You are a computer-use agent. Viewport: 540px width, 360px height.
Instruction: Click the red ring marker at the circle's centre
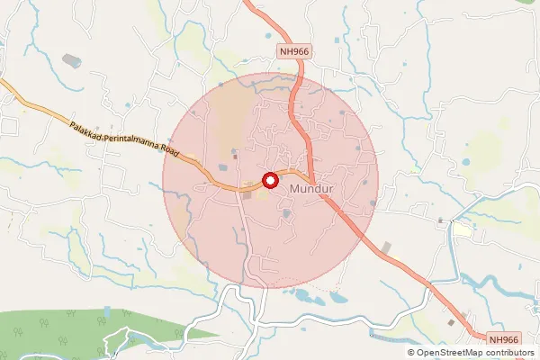269,181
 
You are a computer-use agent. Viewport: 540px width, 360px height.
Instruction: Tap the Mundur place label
312,191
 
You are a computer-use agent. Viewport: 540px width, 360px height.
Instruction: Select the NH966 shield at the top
294,52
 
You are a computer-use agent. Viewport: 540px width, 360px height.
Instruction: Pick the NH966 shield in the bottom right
504,338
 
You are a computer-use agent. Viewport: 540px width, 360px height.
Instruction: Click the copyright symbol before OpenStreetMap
411,353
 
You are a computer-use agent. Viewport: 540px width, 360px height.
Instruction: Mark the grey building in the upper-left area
71,61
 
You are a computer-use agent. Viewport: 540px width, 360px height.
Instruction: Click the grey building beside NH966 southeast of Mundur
387,247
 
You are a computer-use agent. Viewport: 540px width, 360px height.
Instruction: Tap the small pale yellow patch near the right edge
462,230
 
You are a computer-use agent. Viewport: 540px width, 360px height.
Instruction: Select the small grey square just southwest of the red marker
247,191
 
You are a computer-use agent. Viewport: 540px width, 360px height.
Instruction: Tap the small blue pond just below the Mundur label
286,213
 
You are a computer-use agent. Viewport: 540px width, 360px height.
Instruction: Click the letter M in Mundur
296,191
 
